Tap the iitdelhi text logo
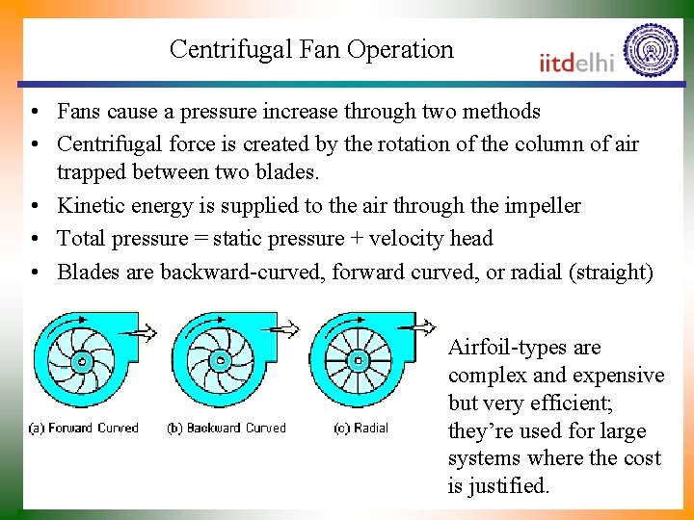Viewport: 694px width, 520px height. (x=576, y=62)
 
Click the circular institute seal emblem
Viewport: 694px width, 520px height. (x=651, y=50)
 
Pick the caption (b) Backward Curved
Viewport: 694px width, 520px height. (x=227, y=429)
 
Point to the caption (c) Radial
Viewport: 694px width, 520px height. (x=360, y=429)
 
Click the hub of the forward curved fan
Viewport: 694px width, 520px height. (x=81, y=363)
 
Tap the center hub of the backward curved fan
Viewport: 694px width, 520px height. (x=221, y=362)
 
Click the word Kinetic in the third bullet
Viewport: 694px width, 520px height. (x=88, y=206)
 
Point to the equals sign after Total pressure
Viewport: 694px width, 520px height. (x=200, y=239)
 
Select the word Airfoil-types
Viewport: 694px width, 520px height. (x=511, y=348)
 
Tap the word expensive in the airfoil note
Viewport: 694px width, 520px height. (x=618, y=376)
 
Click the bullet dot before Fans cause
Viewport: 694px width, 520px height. (x=35, y=113)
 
